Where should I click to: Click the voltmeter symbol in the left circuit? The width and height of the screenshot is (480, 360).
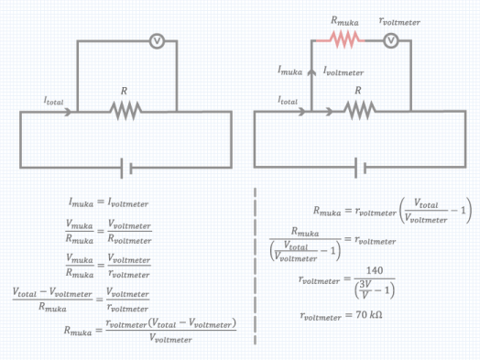157,40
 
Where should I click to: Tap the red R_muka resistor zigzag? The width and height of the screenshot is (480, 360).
346,39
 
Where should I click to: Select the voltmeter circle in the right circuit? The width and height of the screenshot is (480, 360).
391,39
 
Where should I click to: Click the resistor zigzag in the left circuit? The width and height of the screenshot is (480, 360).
125,111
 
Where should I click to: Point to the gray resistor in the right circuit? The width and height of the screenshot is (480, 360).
358,111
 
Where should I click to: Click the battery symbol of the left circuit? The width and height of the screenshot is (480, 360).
126,168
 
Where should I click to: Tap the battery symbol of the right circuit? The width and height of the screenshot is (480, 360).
361,168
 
